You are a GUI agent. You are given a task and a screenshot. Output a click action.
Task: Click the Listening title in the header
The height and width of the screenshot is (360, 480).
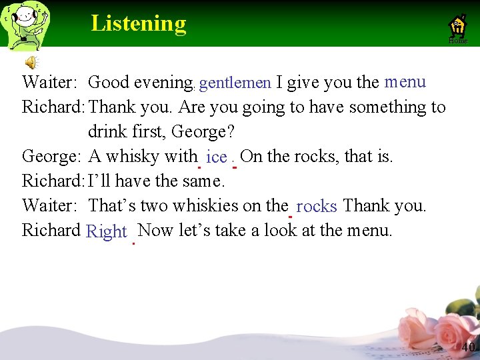coord(139,23)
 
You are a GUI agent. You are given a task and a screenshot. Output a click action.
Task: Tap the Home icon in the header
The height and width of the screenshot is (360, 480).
coord(458,27)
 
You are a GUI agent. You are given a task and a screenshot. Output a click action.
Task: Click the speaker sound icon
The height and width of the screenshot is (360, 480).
coord(31,63)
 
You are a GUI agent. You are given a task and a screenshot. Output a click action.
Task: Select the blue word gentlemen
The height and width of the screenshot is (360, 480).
coord(235,83)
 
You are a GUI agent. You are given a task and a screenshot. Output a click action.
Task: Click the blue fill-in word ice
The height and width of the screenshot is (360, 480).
coord(217,157)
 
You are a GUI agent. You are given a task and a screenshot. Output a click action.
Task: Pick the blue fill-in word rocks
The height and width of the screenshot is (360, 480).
coord(317,207)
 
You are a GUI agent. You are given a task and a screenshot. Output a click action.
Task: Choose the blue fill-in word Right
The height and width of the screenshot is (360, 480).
coord(107,231)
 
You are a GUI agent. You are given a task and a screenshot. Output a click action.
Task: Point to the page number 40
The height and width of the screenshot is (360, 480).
coord(468,347)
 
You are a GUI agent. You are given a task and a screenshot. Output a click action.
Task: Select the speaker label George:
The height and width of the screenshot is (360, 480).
coord(51,157)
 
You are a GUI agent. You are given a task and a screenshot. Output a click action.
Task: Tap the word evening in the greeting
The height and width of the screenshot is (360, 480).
coord(163,83)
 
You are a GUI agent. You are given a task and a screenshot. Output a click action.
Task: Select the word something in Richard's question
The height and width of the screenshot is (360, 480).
coord(385,107)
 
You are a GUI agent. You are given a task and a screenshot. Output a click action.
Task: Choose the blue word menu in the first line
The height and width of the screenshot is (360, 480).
coord(405,82)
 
